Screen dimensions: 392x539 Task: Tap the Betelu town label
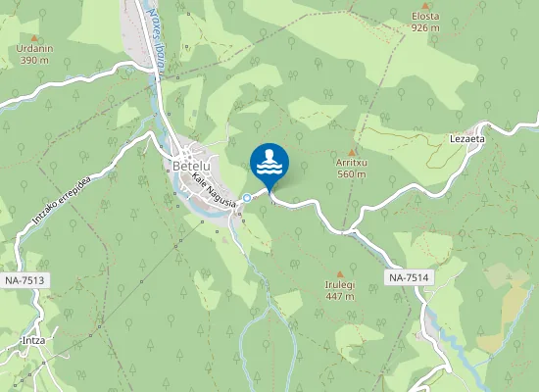click(191, 166)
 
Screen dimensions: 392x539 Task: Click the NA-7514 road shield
click(408, 277)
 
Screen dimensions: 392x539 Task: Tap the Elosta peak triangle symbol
click(425, 6)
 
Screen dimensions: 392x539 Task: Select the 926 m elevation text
click(425, 27)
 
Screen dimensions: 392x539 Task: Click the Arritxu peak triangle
click(352, 151)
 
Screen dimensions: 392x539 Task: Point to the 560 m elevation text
click(352, 173)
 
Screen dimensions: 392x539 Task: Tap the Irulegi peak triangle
click(340, 273)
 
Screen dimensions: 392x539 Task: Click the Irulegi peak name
click(340, 285)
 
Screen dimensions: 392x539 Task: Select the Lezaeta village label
click(467, 139)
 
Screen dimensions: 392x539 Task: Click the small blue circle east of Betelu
click(247, 197)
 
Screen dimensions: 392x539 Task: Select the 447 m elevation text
click(340, 296)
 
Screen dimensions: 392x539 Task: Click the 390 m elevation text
click(34, 60)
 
